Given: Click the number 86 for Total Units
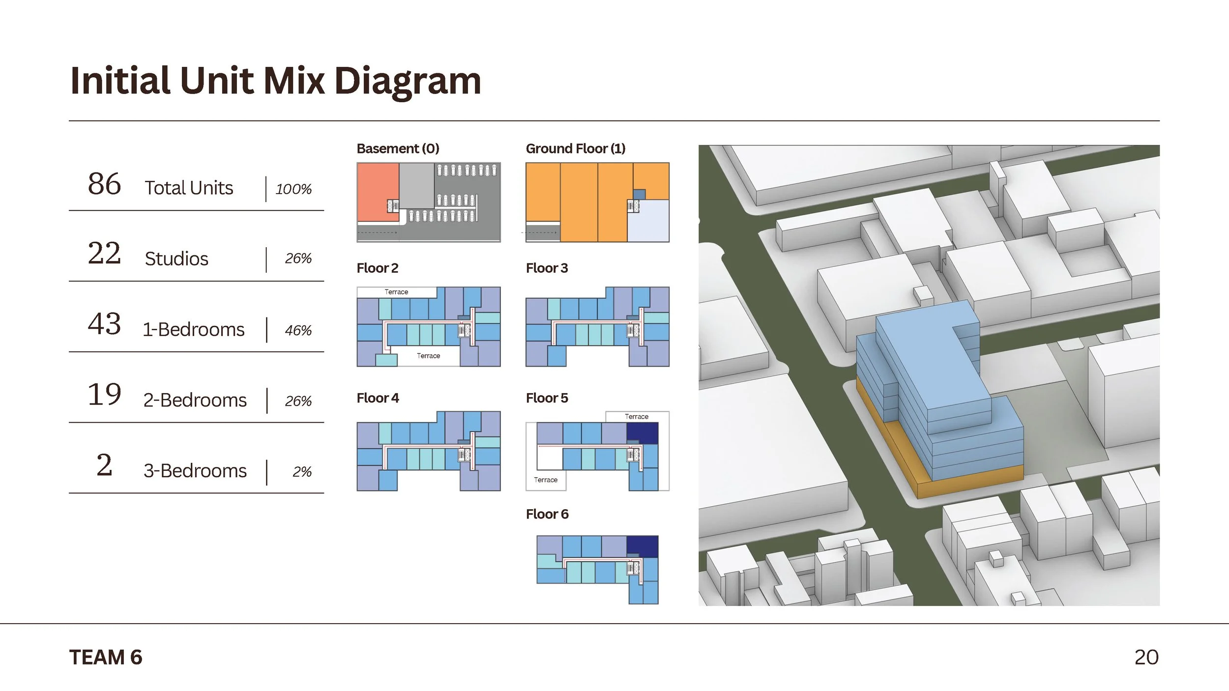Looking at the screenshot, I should click(104, 184).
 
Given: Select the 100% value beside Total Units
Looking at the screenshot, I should click(293, 189).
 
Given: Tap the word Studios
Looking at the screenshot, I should click(176, 259).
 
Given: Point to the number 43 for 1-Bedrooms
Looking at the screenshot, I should click(104, 324).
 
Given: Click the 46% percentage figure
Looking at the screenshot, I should click(298, 330).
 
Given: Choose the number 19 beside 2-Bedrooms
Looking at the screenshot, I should click(104, 395).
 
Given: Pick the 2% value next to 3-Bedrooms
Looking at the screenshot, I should click(302, 472).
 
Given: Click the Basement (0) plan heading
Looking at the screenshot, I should click(398, 148).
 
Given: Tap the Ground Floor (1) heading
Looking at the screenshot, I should click(575, 148).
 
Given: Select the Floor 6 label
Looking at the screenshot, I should click(547, 514).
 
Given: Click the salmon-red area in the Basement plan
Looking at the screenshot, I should click(376, 192).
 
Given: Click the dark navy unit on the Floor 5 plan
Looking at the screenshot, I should click(642, 433).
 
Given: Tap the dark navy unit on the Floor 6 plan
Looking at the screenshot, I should click(642, 546).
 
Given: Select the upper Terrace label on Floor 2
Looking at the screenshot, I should click(396, 292).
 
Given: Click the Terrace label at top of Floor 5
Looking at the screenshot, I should click(637, 417).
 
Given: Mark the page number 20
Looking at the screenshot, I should click(1146, 658).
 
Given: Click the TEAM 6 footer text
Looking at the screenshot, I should click(106, 658).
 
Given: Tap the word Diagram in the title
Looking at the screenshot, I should click(408, 81).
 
